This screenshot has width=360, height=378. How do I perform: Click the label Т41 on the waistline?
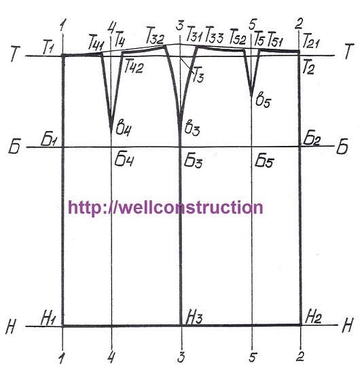[96, 43]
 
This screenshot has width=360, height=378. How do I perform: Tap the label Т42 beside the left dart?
[134, 67]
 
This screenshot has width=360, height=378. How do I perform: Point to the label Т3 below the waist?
[198, 75]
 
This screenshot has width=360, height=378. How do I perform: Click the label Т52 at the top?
[238, 37]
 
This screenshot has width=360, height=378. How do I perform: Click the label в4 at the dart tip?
[124, 130]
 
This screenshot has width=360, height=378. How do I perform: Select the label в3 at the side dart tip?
[192, 128]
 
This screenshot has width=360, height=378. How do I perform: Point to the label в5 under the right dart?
[263, 100]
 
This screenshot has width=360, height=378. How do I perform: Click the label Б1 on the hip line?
[49, 139]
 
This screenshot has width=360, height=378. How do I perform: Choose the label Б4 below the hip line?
[124, 159]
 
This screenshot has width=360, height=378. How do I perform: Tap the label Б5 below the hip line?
[264, 160]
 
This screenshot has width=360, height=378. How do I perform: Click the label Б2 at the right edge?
[311, 139]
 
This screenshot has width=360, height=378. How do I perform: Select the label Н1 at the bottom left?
[49, 318]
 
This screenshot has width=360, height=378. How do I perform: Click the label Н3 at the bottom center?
[194, 318]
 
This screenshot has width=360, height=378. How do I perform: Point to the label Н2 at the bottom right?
[313, 317]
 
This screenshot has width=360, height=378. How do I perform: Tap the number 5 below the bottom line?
[252, 357]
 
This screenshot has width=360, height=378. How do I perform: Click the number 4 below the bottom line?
[111, 356]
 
